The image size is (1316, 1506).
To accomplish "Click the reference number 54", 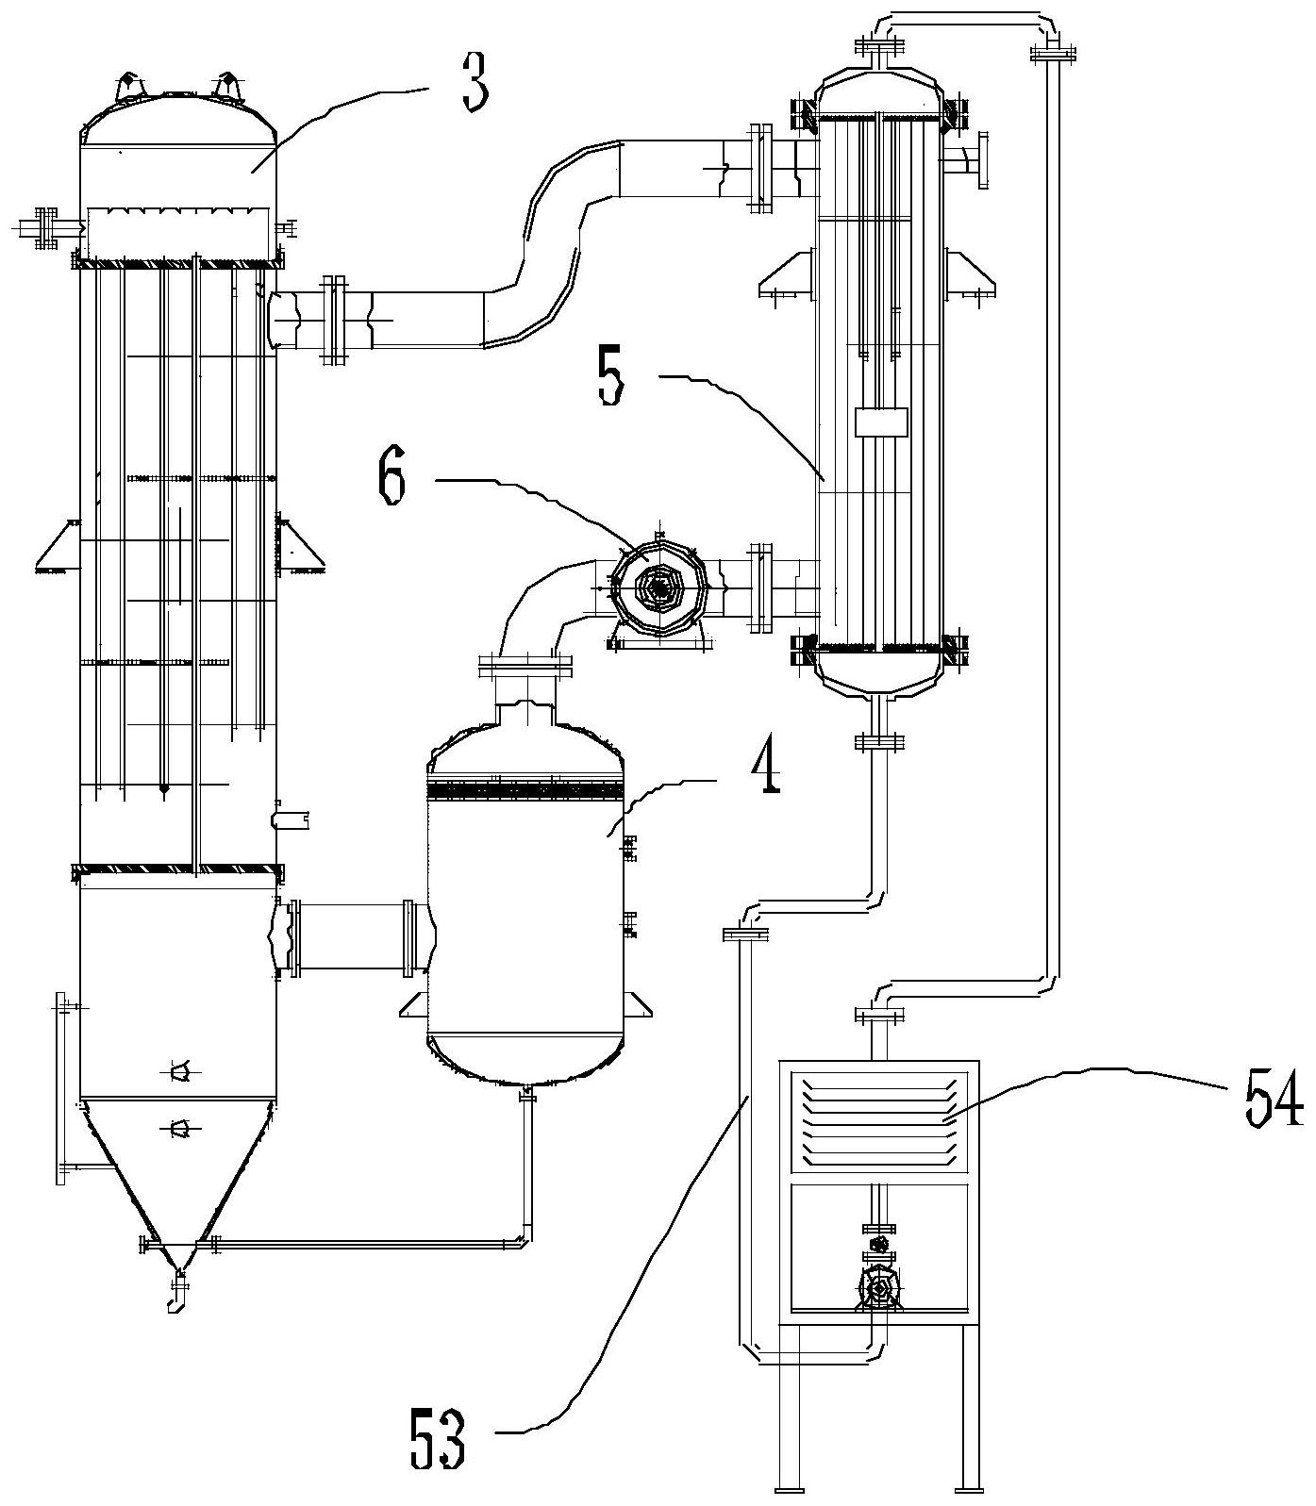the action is point(1274,1100).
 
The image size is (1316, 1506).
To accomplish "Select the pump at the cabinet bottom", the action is point(879,1286).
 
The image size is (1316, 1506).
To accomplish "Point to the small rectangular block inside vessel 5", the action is point(881,422).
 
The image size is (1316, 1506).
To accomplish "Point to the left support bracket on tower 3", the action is point(57,547).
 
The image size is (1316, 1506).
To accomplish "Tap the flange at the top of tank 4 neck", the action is point(526,664).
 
